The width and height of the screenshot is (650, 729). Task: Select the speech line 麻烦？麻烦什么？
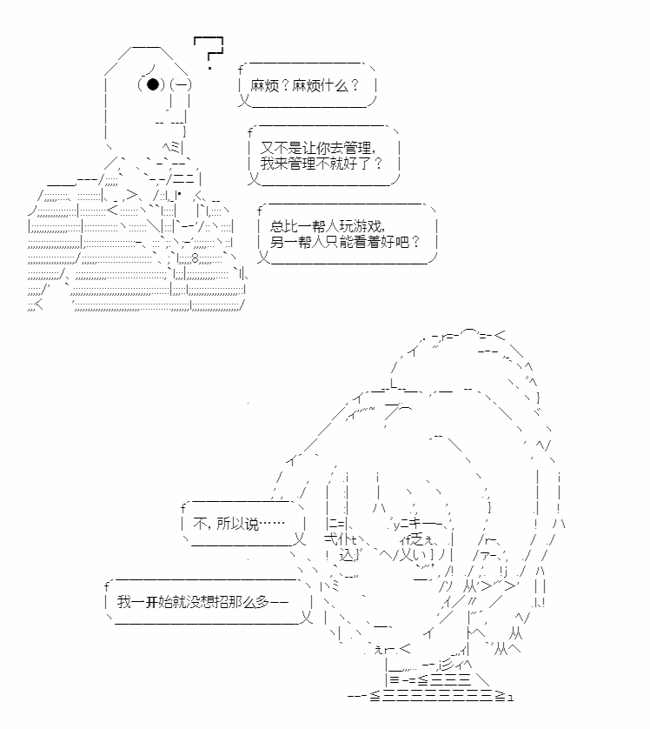tap(303, 87)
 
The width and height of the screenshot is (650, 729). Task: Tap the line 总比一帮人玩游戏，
tap(327, 225)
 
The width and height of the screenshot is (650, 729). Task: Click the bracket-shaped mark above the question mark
tap(209, 40)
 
